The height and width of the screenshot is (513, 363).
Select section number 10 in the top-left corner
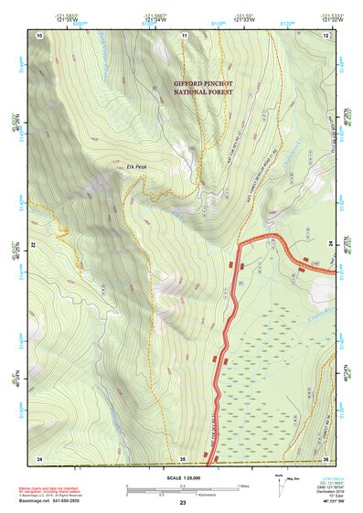point(39,35)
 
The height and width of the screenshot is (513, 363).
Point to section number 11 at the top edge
point(184,35)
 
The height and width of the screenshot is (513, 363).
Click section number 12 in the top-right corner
point(326,35)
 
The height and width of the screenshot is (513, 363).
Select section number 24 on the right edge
point(331,245)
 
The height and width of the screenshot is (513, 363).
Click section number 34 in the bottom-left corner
point(39,457)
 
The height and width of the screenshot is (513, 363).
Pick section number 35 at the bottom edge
point(183,457)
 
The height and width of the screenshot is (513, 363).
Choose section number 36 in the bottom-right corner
point(326,457)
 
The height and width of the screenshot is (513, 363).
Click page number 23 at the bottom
point(183,503)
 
